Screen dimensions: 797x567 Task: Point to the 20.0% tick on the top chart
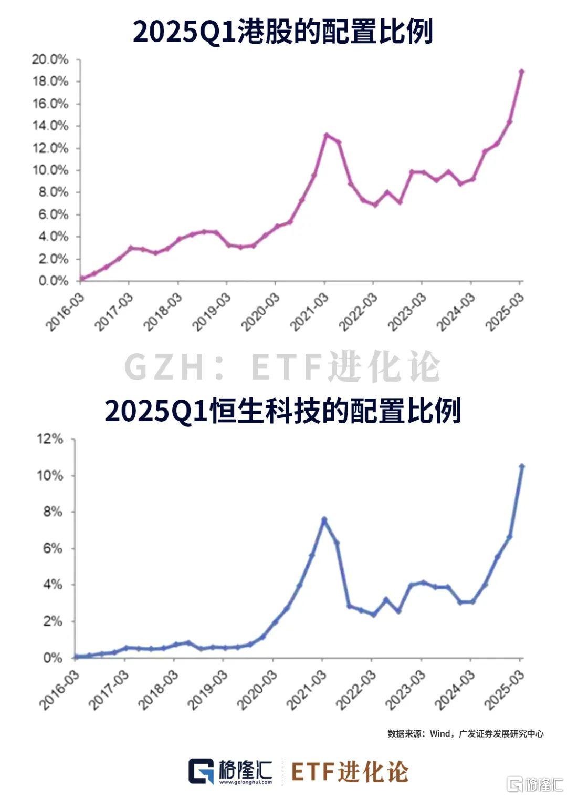[50, 59]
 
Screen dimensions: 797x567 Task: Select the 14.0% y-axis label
[50, 126]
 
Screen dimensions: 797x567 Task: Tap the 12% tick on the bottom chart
[50, 439]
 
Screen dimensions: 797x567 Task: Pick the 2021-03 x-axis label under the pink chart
[310, 311]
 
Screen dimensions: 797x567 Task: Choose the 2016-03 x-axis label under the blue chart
[59, 689]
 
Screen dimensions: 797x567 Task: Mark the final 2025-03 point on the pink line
[521, 71]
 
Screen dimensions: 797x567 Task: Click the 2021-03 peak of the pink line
[326, 135]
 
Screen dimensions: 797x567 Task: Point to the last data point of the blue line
[522, 466]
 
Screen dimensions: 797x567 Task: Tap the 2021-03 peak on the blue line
[324, 520]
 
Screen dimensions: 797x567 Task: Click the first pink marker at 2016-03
[82, 279]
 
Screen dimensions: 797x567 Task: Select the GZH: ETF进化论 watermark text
[282, 367]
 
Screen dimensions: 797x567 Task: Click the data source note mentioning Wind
[465, 733]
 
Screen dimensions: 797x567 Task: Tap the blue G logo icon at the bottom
[201, 772]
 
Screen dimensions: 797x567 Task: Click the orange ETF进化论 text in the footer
[349, 772]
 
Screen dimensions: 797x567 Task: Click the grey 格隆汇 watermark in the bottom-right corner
[533, 784]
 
